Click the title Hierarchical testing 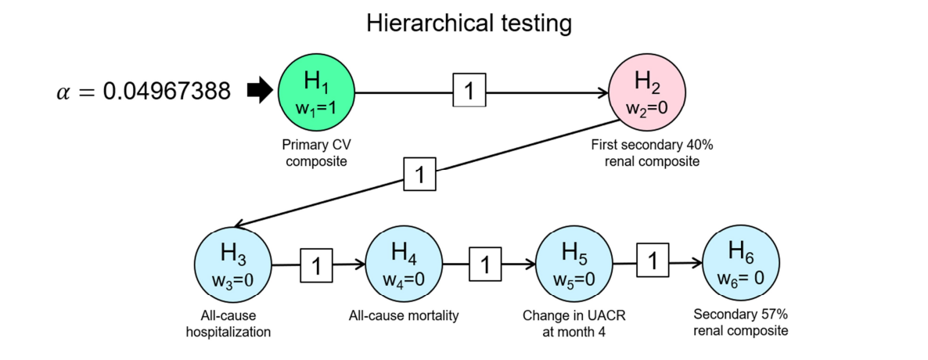(x=469, y=23)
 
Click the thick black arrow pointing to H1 (x=257, y=92)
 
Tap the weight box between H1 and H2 (x=469, y=92)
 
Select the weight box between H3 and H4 (x=317, y=265)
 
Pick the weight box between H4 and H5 (x=485, y=265)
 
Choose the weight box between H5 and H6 (x=652, y=262)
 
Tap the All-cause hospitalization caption (x=228, y=324)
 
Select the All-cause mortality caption (x=404, y=316)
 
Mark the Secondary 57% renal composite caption (x=741, y=323)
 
